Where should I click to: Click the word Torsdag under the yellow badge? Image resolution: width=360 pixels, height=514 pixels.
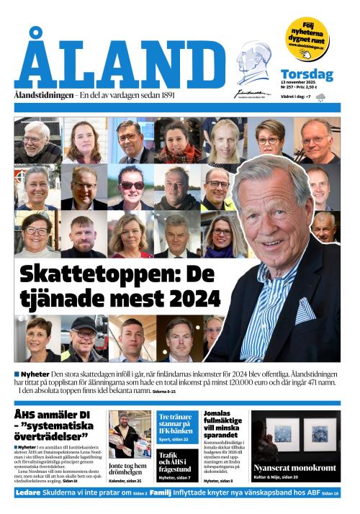click(307, 74)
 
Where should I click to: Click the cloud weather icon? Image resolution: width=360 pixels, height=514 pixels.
click(320, 96)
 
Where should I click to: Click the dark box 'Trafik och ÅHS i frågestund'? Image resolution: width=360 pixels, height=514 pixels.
click(176, 459)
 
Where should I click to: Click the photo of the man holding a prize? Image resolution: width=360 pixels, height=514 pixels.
click(130, 434)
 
